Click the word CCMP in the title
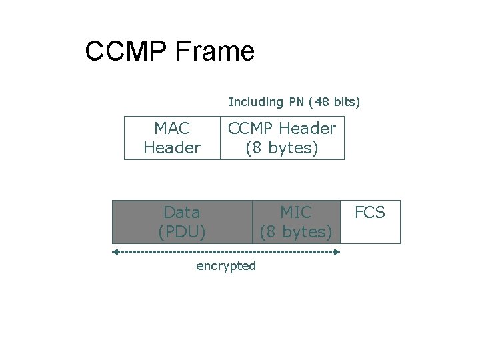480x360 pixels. [127, 51]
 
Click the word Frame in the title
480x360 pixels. [215, 51]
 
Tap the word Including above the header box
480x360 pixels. [255, 102]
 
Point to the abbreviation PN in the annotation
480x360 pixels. [297, 102]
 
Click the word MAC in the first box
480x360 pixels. [172, 127]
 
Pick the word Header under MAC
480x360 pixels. [172, 148]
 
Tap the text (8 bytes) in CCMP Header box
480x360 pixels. [282, 148]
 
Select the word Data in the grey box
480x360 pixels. [181, 212]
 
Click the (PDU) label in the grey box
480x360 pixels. [181, 232]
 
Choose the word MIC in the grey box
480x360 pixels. [295, 212]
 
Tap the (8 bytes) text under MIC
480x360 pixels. [295, 232]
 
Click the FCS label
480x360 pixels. [370, 212]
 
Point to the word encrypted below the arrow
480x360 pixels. [226, 266]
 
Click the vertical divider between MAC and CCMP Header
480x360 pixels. [220, 138]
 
